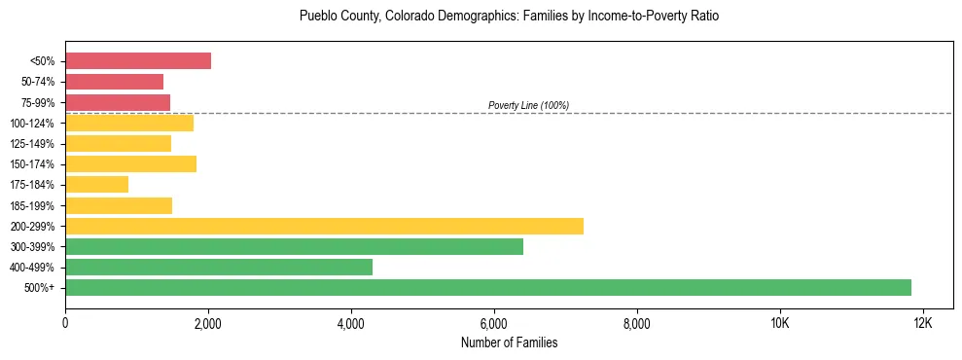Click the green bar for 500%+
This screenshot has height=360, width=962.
coord(488,287)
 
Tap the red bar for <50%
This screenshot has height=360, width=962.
coord(138,61)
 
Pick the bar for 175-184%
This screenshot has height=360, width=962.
coord(96,185)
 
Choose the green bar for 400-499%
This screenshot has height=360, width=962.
coord(219,267)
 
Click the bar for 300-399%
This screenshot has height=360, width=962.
coord(294,246)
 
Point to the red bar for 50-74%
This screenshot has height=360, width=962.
coord(114,82)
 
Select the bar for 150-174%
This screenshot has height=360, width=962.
coord(130,164)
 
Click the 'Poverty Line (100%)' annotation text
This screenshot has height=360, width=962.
coord(528,105)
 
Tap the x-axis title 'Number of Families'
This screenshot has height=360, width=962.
coord(509,343)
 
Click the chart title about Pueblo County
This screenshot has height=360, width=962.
coord(509,17)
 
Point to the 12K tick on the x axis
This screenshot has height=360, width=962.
coord(922,323)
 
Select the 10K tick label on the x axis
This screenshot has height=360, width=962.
coord(779,323)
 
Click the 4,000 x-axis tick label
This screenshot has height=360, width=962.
coord(351,323)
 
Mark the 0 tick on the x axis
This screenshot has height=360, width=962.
coord(65,323)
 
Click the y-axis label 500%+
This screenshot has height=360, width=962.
coord(41,288)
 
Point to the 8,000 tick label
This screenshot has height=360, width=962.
coord(637,323)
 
